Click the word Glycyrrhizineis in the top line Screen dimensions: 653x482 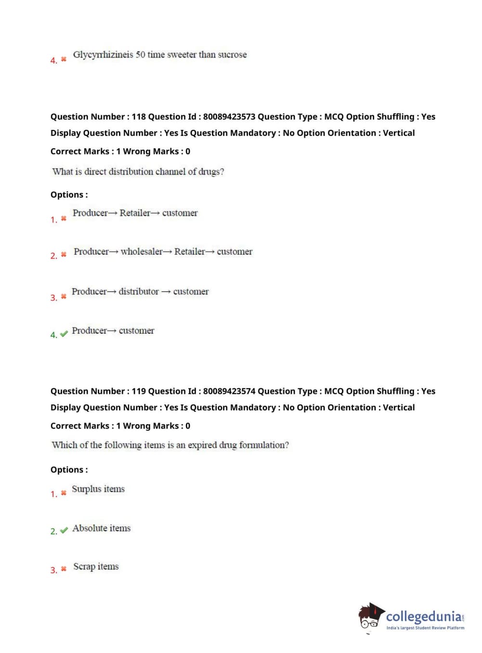[x=103, y=55]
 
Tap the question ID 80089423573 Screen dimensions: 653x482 [x=229, y=117]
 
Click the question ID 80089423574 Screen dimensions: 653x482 [x=229, y=391]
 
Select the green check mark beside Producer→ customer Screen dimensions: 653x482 [x=64, y=334]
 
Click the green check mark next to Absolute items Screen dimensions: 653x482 [x=64, y=530]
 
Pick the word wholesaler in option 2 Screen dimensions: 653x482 [x=142, y=251]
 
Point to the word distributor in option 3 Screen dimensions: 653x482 [x=139, y=291]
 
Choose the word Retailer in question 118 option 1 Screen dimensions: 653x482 [x=135, y=213]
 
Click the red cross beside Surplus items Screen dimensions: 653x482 [x=64, y=493]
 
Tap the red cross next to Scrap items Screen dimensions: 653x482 [x=64, y=569]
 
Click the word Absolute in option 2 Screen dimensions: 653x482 [x=90, y=528]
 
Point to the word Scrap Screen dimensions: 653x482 [x=84, y=567]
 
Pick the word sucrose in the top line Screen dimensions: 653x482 [x=232, y=55]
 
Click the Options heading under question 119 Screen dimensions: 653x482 [x=69, y=470]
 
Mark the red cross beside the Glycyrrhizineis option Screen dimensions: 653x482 [x=64, y=59]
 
